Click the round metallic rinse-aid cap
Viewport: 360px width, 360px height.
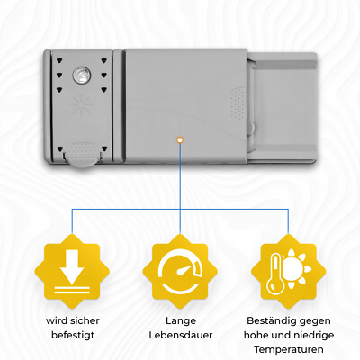click(81, 75)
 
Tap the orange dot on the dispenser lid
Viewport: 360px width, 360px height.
click(180, 139)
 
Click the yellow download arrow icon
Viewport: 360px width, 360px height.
click(72, 271)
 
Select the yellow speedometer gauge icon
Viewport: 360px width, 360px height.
click(180, 271)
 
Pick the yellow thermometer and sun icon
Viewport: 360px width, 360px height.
click(288, 271)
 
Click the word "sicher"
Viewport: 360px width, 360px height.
click(85, 320)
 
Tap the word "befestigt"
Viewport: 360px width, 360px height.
click(73, 335)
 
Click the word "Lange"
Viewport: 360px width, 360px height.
click(181, 320)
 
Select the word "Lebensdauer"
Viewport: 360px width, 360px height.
click(181, 335)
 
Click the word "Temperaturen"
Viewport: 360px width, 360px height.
click(289, 349)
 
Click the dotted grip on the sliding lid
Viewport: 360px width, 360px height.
click(238, 103)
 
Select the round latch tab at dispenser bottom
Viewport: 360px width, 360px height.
click(82, 154)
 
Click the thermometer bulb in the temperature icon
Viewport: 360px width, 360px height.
click(274, 285)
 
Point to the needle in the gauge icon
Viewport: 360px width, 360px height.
click(184, 270)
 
